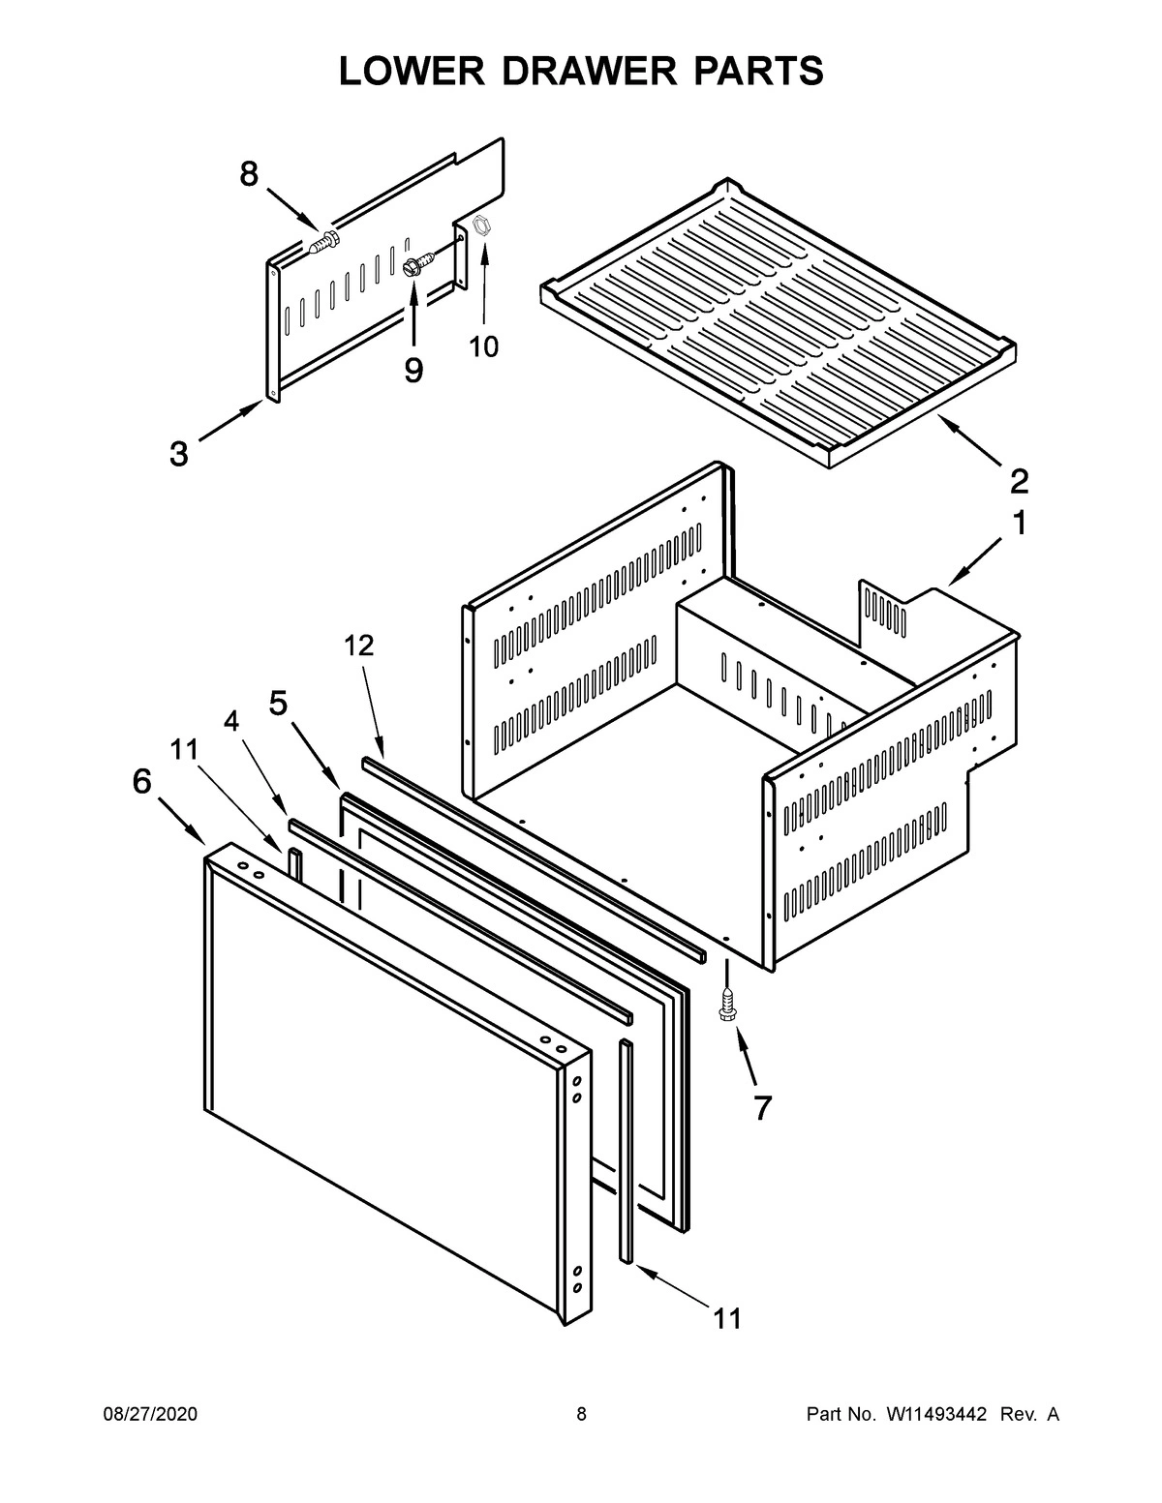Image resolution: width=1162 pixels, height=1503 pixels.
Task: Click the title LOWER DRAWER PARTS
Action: point(581,71)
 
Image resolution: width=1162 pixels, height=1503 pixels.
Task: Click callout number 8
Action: point(249,174)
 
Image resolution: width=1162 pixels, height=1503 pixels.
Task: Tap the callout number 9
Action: point(413,370)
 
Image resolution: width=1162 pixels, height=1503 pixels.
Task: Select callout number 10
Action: point(484,346)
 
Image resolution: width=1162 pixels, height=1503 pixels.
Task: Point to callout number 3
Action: point(179,453)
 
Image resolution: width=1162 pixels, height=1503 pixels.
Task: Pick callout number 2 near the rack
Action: point(1019,480)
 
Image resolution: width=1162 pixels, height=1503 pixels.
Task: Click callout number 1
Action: point(1019,524)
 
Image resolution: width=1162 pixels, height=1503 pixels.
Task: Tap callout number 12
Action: point(358,646)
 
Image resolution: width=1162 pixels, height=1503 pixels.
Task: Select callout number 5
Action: point(278,704)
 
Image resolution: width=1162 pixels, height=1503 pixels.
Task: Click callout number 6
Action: point(142,781)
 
